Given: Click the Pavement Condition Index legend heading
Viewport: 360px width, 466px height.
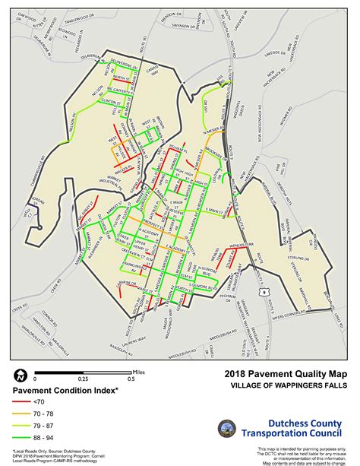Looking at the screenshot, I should (65, 389).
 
